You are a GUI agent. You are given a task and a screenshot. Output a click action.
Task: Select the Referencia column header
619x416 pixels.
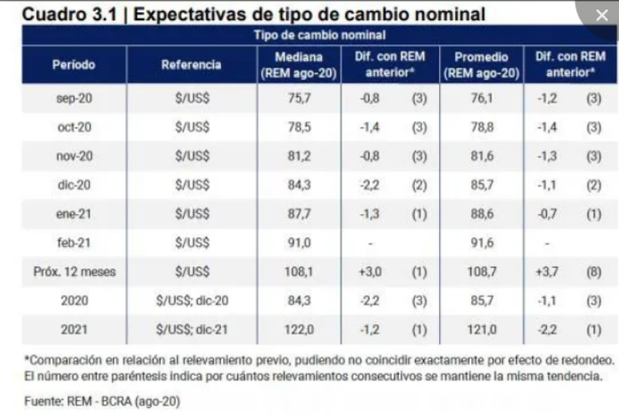[191, 65]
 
